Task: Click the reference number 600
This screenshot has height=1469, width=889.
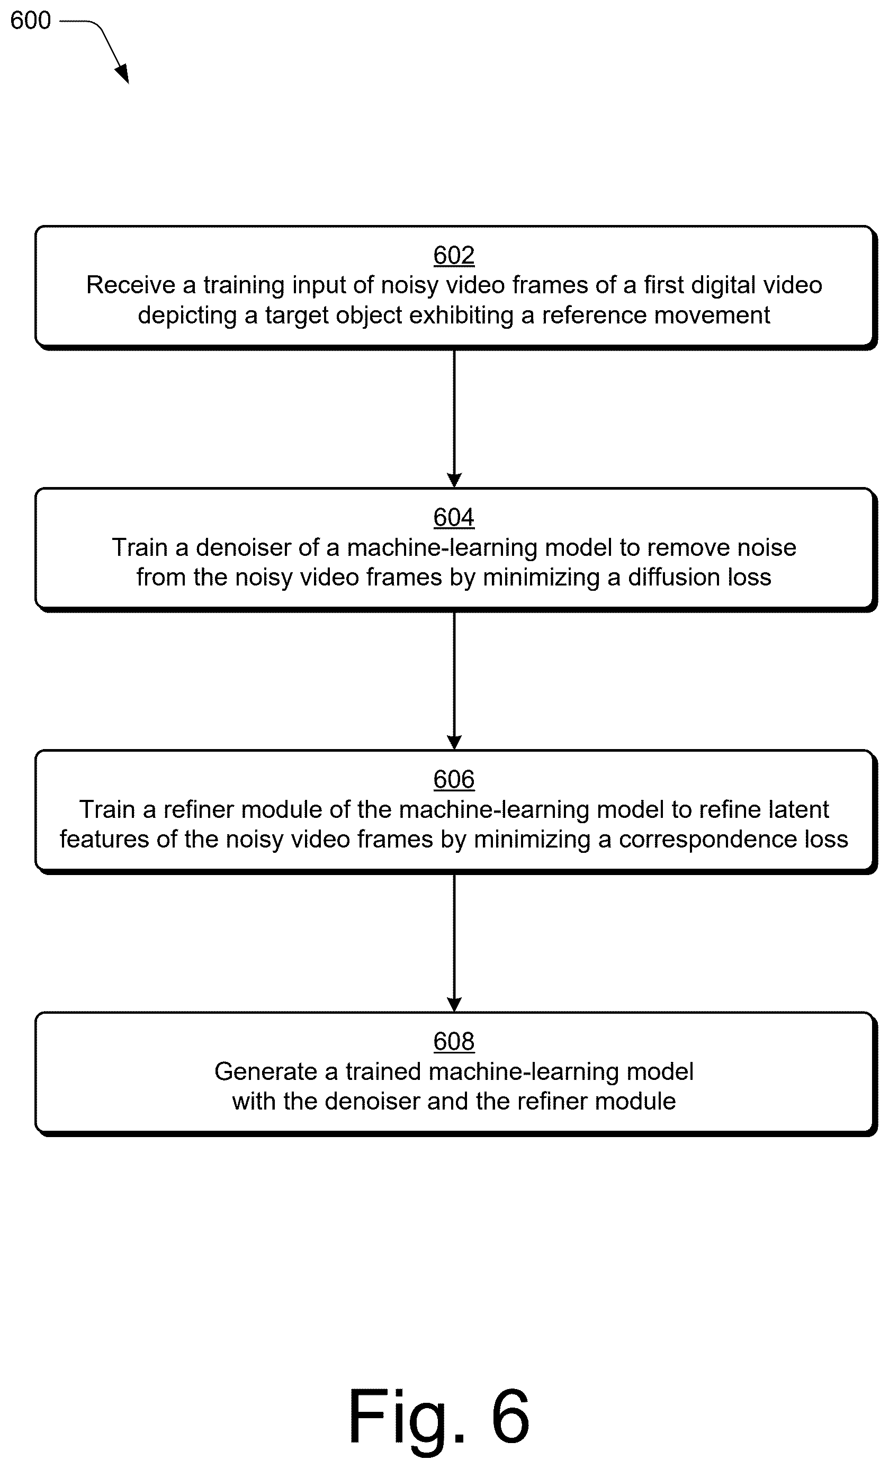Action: pyautogui.click(x=30, y=20)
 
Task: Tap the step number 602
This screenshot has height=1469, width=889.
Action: pyautogui.click(x=454, y=255)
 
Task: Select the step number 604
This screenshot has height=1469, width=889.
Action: pyautogui.click(x=454, y=518)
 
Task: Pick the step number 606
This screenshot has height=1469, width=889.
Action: pyautogui.click(x=454, y=779)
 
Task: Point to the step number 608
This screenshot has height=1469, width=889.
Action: pyautogui.click(x=454, y=1042)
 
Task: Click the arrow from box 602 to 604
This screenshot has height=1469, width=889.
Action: pyautogui.click(x=454, y=419)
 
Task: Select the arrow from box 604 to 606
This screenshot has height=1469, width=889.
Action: pyautogui.click(x=454, y=681)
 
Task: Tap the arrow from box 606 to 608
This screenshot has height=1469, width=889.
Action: pyautogui.click(x=454, y=943)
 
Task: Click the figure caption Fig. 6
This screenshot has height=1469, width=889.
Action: pyautogui.click(x=439, y=1417)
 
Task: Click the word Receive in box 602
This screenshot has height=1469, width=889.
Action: pyautogui.click(x=131, y=285)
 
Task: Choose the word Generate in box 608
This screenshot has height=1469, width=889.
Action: pyautogui.click(x=266, y=1072)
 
